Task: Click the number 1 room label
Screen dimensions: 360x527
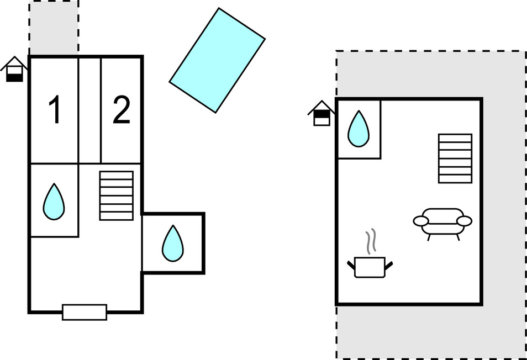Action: point(54,110)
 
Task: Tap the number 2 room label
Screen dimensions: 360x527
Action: point(121,110)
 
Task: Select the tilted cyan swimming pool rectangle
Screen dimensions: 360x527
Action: point(217,60)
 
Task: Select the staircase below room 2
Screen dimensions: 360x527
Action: point(116,195)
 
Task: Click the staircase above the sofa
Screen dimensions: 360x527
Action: point(455,158)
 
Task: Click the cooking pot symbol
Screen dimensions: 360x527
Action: point(370,267)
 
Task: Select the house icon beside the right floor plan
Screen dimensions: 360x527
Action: point(322,113)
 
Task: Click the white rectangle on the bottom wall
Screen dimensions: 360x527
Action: point(84,312)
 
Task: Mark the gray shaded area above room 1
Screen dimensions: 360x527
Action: point(54,28)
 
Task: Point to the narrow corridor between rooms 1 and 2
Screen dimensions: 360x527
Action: point(89,110)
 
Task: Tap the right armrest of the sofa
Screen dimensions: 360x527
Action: point(465,221)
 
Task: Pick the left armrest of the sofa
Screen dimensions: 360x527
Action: point(421,221)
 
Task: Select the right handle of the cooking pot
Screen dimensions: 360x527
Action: point(389,266)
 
